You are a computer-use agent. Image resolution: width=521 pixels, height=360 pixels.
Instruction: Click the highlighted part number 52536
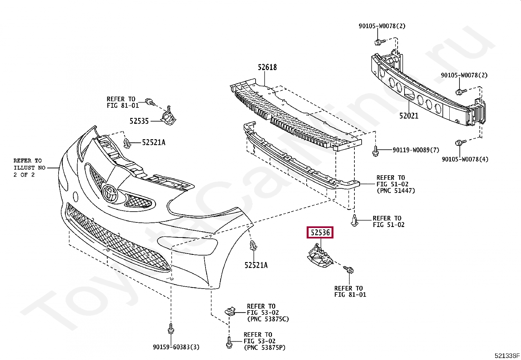pyautogui.click(x=320, y=233)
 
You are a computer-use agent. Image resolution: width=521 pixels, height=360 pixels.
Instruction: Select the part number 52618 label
pyautogui.click(x=267, y=67)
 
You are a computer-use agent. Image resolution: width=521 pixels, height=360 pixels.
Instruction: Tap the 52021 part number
pyautogui.click(x=409, y=116)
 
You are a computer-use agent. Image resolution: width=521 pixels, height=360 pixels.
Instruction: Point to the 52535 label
pyautogui.click(x=139, y=121)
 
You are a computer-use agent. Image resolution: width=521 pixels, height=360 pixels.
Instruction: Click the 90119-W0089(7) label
pyautogui.click(x=416, y=150)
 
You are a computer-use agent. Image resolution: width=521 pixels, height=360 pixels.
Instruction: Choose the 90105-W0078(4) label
pyautogui.click(x=465, y=159)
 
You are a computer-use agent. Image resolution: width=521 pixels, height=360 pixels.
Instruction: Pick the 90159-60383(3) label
pyautogui.click(x=176, y=347)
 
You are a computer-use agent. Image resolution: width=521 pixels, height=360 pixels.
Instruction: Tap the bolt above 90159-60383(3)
pyautogui.click(x=171, y=329)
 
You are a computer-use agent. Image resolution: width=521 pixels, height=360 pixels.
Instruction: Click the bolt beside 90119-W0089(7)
pyautogui.click(x=375, y=151)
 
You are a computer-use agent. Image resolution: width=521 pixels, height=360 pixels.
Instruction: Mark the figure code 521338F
pyautogui.click(x=507, y=356)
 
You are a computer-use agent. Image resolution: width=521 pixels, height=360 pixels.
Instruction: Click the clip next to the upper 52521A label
pyautogui.click(x=127, y=143)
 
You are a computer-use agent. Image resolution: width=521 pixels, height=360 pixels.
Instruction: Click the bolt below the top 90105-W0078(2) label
pyautogui.click(x=378, y=42)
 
